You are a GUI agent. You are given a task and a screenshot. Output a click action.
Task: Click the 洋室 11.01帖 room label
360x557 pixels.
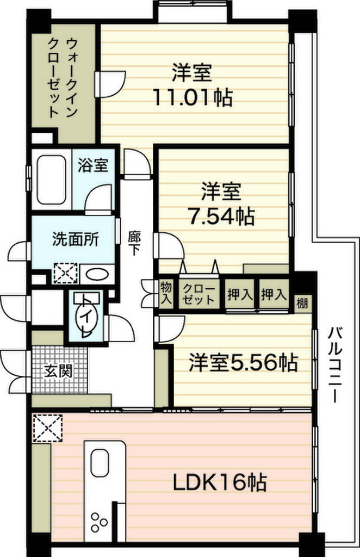coord(193,85)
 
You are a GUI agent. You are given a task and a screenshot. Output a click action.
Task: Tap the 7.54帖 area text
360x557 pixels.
coord(221,215)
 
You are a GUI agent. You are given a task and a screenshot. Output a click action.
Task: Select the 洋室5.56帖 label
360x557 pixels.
coord(243,362)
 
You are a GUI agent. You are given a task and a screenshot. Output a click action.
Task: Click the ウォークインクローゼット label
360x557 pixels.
coord(63,78)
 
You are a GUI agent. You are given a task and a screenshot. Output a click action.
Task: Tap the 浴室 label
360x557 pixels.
coord(93,165)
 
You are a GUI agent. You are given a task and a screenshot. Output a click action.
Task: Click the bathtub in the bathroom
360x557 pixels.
coord(51,180)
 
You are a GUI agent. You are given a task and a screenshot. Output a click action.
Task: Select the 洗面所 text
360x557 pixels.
coord(76,239)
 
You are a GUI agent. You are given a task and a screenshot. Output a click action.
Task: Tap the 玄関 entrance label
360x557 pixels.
coord(58,371)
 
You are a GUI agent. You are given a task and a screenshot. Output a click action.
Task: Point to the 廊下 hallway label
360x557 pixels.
coord(134,243)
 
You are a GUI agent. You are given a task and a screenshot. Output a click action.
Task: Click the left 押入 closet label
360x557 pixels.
coord(240,294)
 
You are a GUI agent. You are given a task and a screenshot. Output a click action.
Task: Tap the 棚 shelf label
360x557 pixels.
coord(302,304)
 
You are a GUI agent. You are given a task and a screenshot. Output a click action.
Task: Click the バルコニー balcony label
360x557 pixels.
coord(334,365)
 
